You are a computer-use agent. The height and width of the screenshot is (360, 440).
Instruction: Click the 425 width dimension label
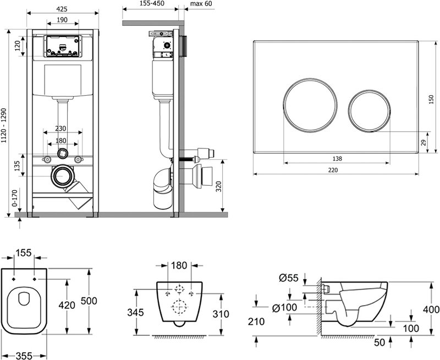point(62,9)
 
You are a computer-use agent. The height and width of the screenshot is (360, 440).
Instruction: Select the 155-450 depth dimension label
point(152,3)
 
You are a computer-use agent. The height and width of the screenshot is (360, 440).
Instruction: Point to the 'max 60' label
point(201,4)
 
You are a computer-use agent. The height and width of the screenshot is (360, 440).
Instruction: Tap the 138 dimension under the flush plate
point(337,159)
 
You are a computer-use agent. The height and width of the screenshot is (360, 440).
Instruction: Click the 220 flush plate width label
point(333,170)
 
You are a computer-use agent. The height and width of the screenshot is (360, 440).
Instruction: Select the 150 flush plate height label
point(431,99)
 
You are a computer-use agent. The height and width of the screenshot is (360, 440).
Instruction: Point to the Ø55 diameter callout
point(289,278)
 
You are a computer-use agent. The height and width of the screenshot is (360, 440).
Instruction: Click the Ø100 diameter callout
point(284,308)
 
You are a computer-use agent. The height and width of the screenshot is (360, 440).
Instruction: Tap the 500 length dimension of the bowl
point(89,301)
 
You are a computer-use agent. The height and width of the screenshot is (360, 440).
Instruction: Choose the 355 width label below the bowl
point(24,356)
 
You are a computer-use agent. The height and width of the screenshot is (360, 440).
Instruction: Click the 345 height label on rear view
point(135,312)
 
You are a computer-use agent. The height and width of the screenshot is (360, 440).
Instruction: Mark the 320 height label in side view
point(219,187)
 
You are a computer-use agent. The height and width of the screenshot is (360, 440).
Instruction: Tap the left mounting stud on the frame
point(47,159)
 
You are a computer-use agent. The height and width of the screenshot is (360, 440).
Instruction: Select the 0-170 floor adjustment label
point(15,198)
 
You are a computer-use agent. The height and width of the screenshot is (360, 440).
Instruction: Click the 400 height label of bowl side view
point(431,309)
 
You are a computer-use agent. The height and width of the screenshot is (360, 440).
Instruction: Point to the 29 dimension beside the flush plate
point(424,142)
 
